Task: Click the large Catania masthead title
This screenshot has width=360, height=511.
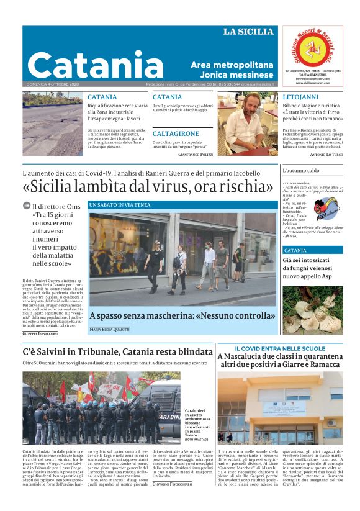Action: tap(95, 65)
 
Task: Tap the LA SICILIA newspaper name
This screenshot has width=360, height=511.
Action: tap(248, 31)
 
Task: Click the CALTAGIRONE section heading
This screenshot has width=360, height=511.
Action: tap(176, 133)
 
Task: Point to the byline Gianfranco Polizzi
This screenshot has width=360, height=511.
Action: tap(195, 153)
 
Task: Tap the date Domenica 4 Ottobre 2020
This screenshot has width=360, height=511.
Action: tap(53, 84)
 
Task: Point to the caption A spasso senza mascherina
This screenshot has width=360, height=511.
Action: tap(182, 315)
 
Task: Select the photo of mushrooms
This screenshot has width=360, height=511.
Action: tap(313, 310)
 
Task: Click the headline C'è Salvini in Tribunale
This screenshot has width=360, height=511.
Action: tap(117, 352)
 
